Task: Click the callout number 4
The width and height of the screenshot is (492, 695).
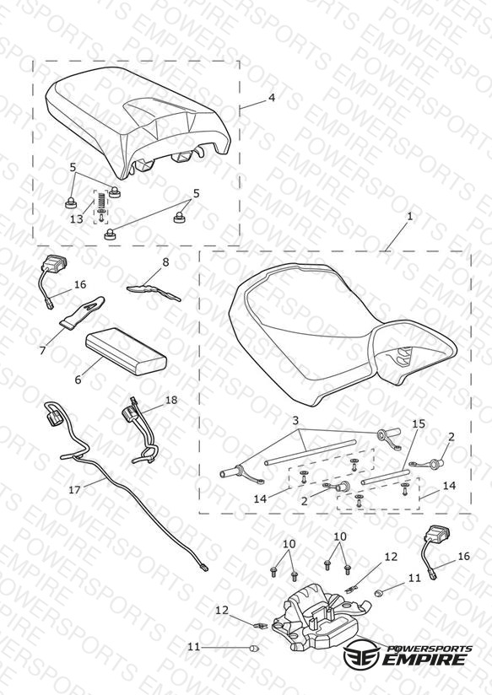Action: tap(272, 97)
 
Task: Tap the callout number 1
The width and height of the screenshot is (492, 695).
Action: tap(410, 216)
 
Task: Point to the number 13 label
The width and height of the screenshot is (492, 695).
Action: tap(77, 219)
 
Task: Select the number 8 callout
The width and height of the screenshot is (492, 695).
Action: tap(165, 262)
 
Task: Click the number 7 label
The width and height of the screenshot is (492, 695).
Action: tap(42, 350)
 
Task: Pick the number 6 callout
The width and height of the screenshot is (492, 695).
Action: tap(78, 380)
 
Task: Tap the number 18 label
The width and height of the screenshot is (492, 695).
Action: tap(171, 400)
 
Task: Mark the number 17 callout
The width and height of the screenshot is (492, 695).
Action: tap(75, 490)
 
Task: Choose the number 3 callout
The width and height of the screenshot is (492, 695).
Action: tap(295, 420)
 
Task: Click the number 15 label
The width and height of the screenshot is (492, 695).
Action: tap(419, 423)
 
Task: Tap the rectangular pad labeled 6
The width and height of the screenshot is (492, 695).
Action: tap(127, 350)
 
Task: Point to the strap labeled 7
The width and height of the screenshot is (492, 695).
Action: tap(84, 314)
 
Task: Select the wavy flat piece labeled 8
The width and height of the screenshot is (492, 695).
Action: tap(154, 293)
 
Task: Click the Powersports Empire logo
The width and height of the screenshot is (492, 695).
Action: tap(408, 654)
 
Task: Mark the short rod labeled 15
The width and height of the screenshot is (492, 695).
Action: tap(384, 477)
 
